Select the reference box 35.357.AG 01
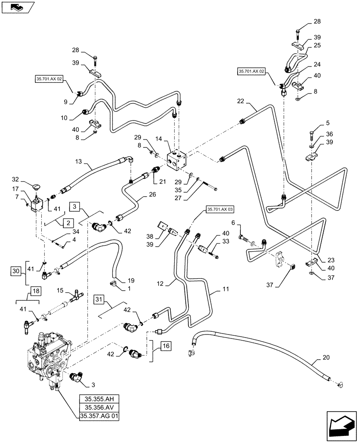click(99, 416)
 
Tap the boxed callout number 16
click(165, 346)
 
